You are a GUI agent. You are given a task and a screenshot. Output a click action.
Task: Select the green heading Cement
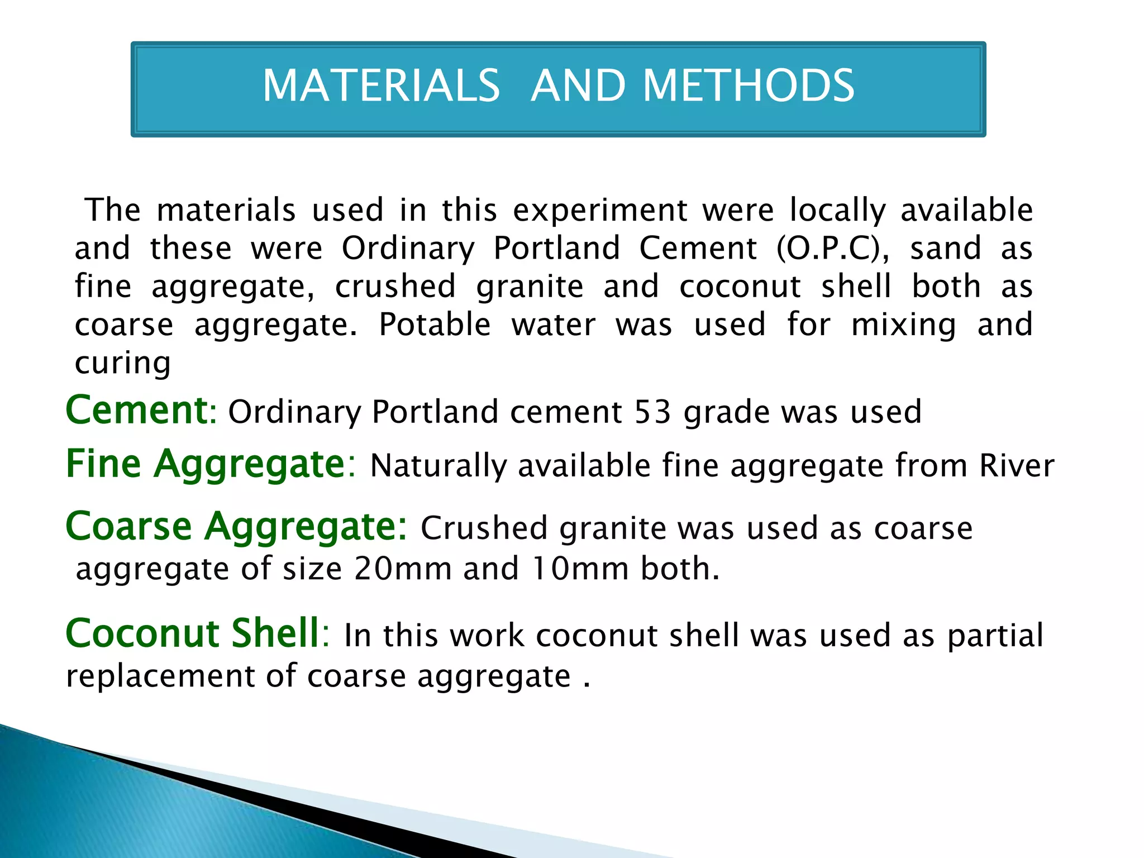click(137, 410)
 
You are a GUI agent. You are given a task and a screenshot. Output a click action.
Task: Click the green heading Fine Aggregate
click(205, 464)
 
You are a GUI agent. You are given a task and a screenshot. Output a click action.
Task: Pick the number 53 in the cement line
click(652, 412)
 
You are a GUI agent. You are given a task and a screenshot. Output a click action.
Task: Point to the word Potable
click(435, 325)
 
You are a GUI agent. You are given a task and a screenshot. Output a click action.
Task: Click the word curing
click(123, 364)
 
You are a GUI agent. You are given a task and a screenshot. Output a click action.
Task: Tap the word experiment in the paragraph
click(600, 211)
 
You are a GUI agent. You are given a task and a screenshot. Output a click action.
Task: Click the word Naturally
click(438, 466)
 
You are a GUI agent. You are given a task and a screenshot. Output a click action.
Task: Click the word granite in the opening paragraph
click(530, 287)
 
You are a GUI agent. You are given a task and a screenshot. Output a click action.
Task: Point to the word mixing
click(904, 326)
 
